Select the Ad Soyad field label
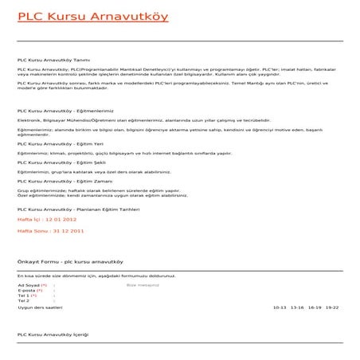pos(29,284)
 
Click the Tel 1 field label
pos(24,295)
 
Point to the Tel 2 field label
pos(23,301)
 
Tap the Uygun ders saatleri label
pos(39,307)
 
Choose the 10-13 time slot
pos(280,307)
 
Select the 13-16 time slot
pos(298,307)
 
